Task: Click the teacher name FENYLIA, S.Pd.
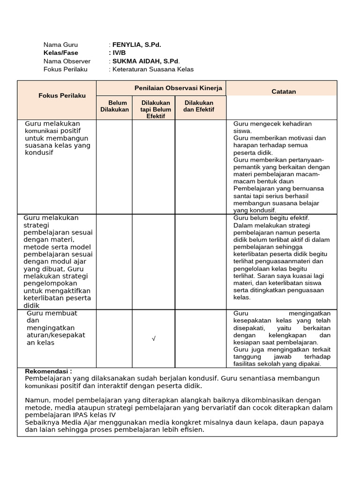coord(136,45)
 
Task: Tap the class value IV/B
coord(119,52)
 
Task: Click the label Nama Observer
coord(67,61)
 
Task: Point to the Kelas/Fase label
coord(61,52)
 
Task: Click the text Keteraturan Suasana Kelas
coord(153,69)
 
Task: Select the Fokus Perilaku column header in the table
coord(62,95)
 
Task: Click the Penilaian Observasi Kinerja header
coord(178,88)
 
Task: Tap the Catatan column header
coord(284,91)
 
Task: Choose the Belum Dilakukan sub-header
coord(114,106)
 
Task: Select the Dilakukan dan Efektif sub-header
coord(199,106)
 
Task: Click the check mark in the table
coord(154,339)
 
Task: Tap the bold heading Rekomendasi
coord(48,371)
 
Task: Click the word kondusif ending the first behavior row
coord(39,153)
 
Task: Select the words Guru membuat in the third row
coord(52,313)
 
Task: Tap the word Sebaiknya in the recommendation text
coord(42,422)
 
